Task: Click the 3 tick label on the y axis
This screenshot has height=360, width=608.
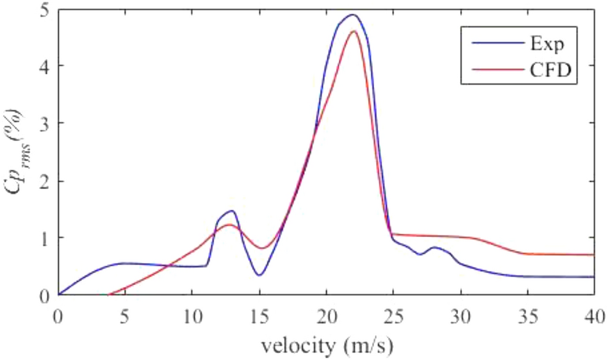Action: (x=44, y=123)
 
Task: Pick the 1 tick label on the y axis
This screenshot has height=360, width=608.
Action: (x=44, y=238)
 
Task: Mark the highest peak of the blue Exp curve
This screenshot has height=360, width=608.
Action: (x=352, y=14)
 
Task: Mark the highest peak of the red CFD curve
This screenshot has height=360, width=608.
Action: (x=353, y=31)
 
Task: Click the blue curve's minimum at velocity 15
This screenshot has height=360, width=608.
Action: (x=259, y=275)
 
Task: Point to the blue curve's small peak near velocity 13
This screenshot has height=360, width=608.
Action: (x=232, y=210)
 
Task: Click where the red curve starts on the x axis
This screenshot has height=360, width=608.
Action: (x=109, y=295)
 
